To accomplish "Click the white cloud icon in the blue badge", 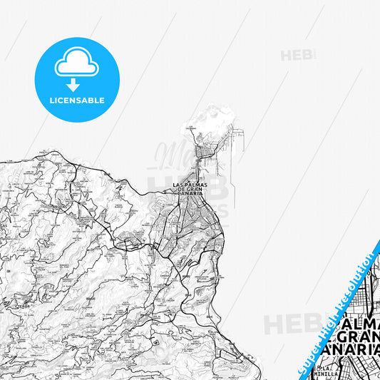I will point(77,65).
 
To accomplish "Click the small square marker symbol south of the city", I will point(155,341).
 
